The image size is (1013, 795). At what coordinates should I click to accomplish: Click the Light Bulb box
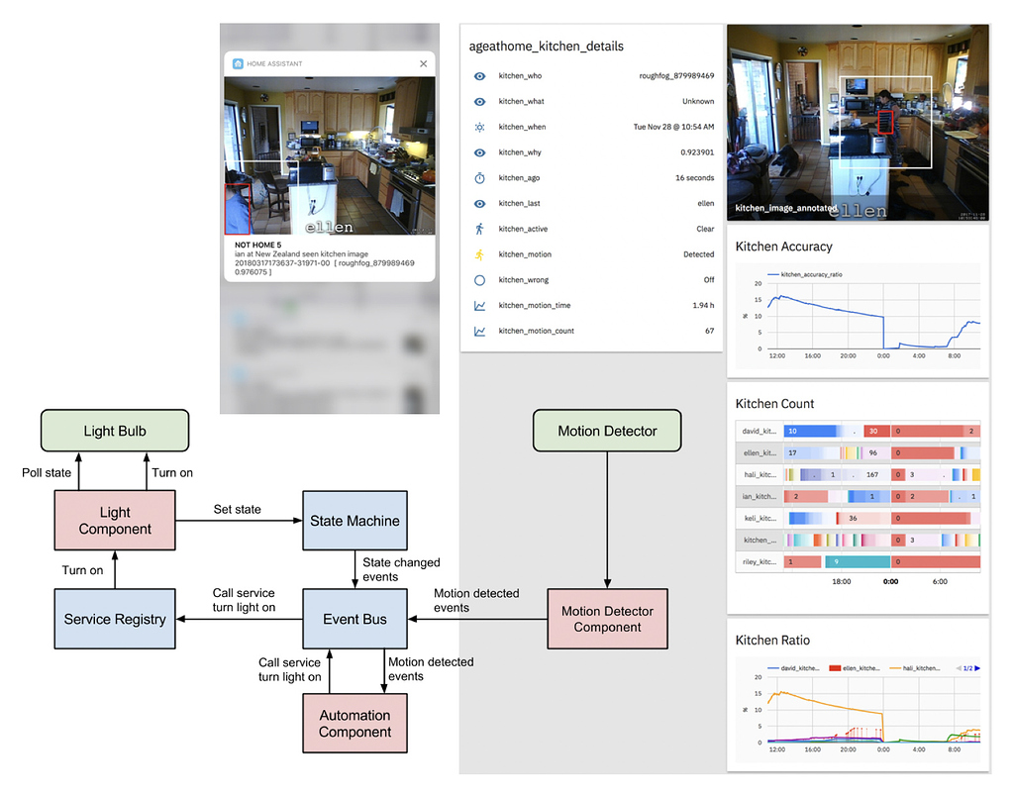coord(115,432)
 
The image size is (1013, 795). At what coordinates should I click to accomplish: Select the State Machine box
coord(355,521)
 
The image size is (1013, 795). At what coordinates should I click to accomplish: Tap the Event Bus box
coord(355,619)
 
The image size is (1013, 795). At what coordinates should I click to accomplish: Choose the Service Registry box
coord(115,619)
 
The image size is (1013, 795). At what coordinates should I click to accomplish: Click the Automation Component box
coord(355,724)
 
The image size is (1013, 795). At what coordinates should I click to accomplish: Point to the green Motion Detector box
coord(607,431)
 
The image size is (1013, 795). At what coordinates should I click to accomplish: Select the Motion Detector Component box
coord(607,619)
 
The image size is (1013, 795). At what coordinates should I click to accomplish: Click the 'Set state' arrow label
coord(238,509)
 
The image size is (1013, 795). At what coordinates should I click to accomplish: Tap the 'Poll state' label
coord(47,472)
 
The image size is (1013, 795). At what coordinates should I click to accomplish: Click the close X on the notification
coord(424,63)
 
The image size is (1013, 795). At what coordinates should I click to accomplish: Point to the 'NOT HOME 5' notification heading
coord(258,245)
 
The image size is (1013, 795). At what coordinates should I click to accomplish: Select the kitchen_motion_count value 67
coord(709,331)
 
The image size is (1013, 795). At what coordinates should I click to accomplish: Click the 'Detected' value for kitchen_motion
coord(698,254)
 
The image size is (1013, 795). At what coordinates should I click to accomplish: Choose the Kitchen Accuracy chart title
coord(784,247)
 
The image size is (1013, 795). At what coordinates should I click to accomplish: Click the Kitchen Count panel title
coord(775,404)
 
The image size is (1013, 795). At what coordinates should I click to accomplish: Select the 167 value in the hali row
coord(872,474)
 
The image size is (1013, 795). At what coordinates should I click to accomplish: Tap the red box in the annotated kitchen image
coord(886,122)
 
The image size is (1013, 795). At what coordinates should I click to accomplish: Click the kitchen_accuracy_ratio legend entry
coord(811,274)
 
